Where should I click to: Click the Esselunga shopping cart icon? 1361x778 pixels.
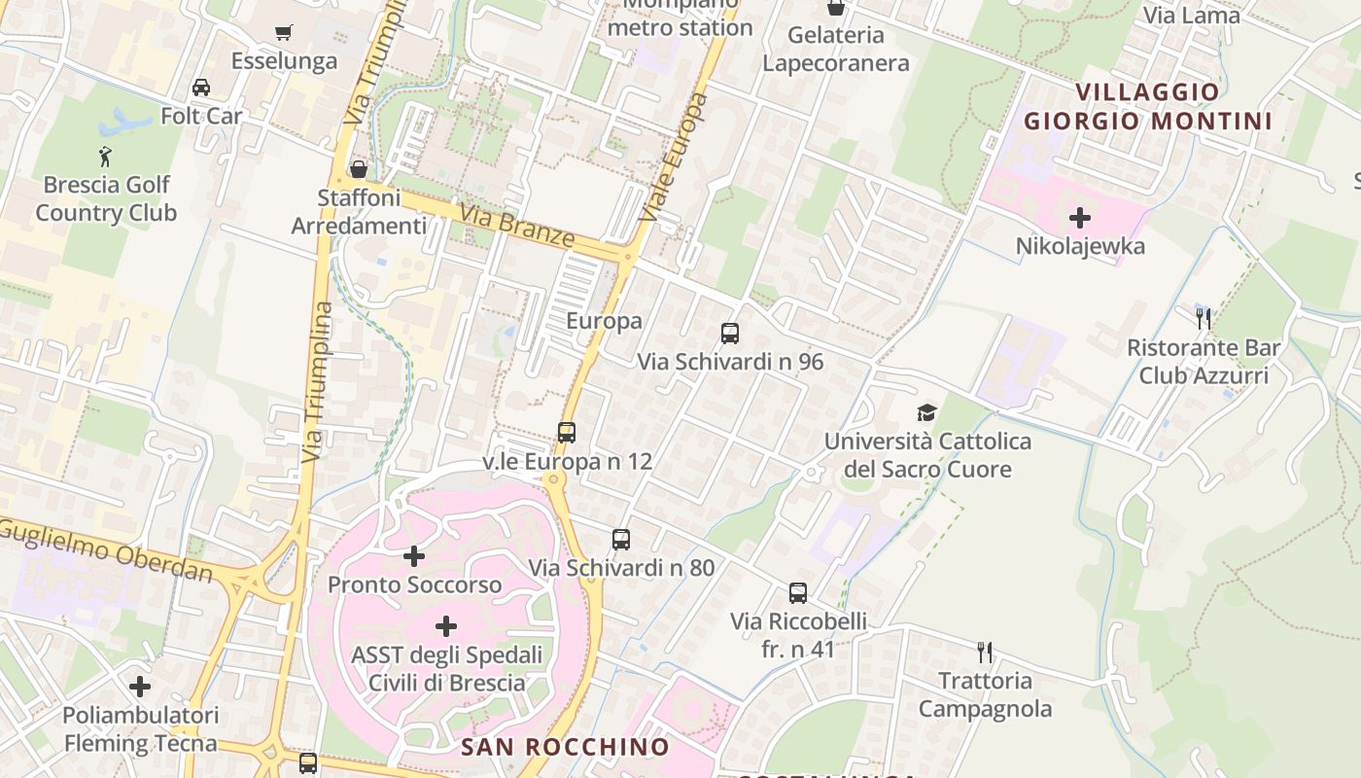tap(284, 33)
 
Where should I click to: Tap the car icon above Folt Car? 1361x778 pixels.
tap(201, 88)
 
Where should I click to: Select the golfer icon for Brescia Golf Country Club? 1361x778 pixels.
tap(105, 156)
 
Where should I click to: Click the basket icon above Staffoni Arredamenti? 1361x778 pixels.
tap(359, 169)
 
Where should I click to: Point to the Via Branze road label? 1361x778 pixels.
tap(517, 226)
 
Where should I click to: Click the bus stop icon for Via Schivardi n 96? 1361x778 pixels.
tap(730, 334)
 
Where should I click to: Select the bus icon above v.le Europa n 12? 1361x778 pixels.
tap(567, 433)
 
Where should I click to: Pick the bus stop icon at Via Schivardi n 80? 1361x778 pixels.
tap(621, 539)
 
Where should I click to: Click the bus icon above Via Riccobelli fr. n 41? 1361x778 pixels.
tap(798, 592)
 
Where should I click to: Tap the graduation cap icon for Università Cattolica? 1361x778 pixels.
tap(926, 413)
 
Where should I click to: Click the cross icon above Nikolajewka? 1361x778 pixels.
tap(1080, 218)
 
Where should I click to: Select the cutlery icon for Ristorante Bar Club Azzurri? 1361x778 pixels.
tap(1204, 318)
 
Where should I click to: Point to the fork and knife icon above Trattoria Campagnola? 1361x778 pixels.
tap(985, 652)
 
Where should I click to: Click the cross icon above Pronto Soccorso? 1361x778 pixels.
tap(414, 556)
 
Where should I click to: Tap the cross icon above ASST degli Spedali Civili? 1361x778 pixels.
tap(446, 625)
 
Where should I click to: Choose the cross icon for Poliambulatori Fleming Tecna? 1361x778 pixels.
tap(140, 687)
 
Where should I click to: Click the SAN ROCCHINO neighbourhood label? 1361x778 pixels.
tap(565, 747)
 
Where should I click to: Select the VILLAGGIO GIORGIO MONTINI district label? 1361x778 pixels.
tap(1148, 107)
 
